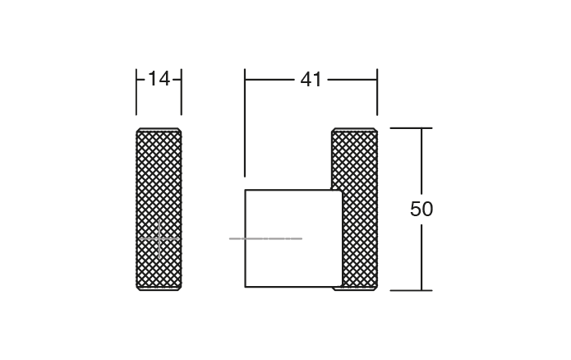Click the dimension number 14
159,79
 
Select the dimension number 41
311,80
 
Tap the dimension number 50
421,210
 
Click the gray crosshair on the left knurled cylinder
159,238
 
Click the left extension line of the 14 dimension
136,92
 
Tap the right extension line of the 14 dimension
182,92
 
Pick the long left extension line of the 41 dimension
245,123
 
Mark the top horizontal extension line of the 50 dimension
410,128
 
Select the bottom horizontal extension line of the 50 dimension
410,290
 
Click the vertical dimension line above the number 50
421,160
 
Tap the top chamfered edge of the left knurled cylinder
159,129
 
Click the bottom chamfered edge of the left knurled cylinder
159,288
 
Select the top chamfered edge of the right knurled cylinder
354,129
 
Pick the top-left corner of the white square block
246,191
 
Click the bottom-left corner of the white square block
246,287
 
